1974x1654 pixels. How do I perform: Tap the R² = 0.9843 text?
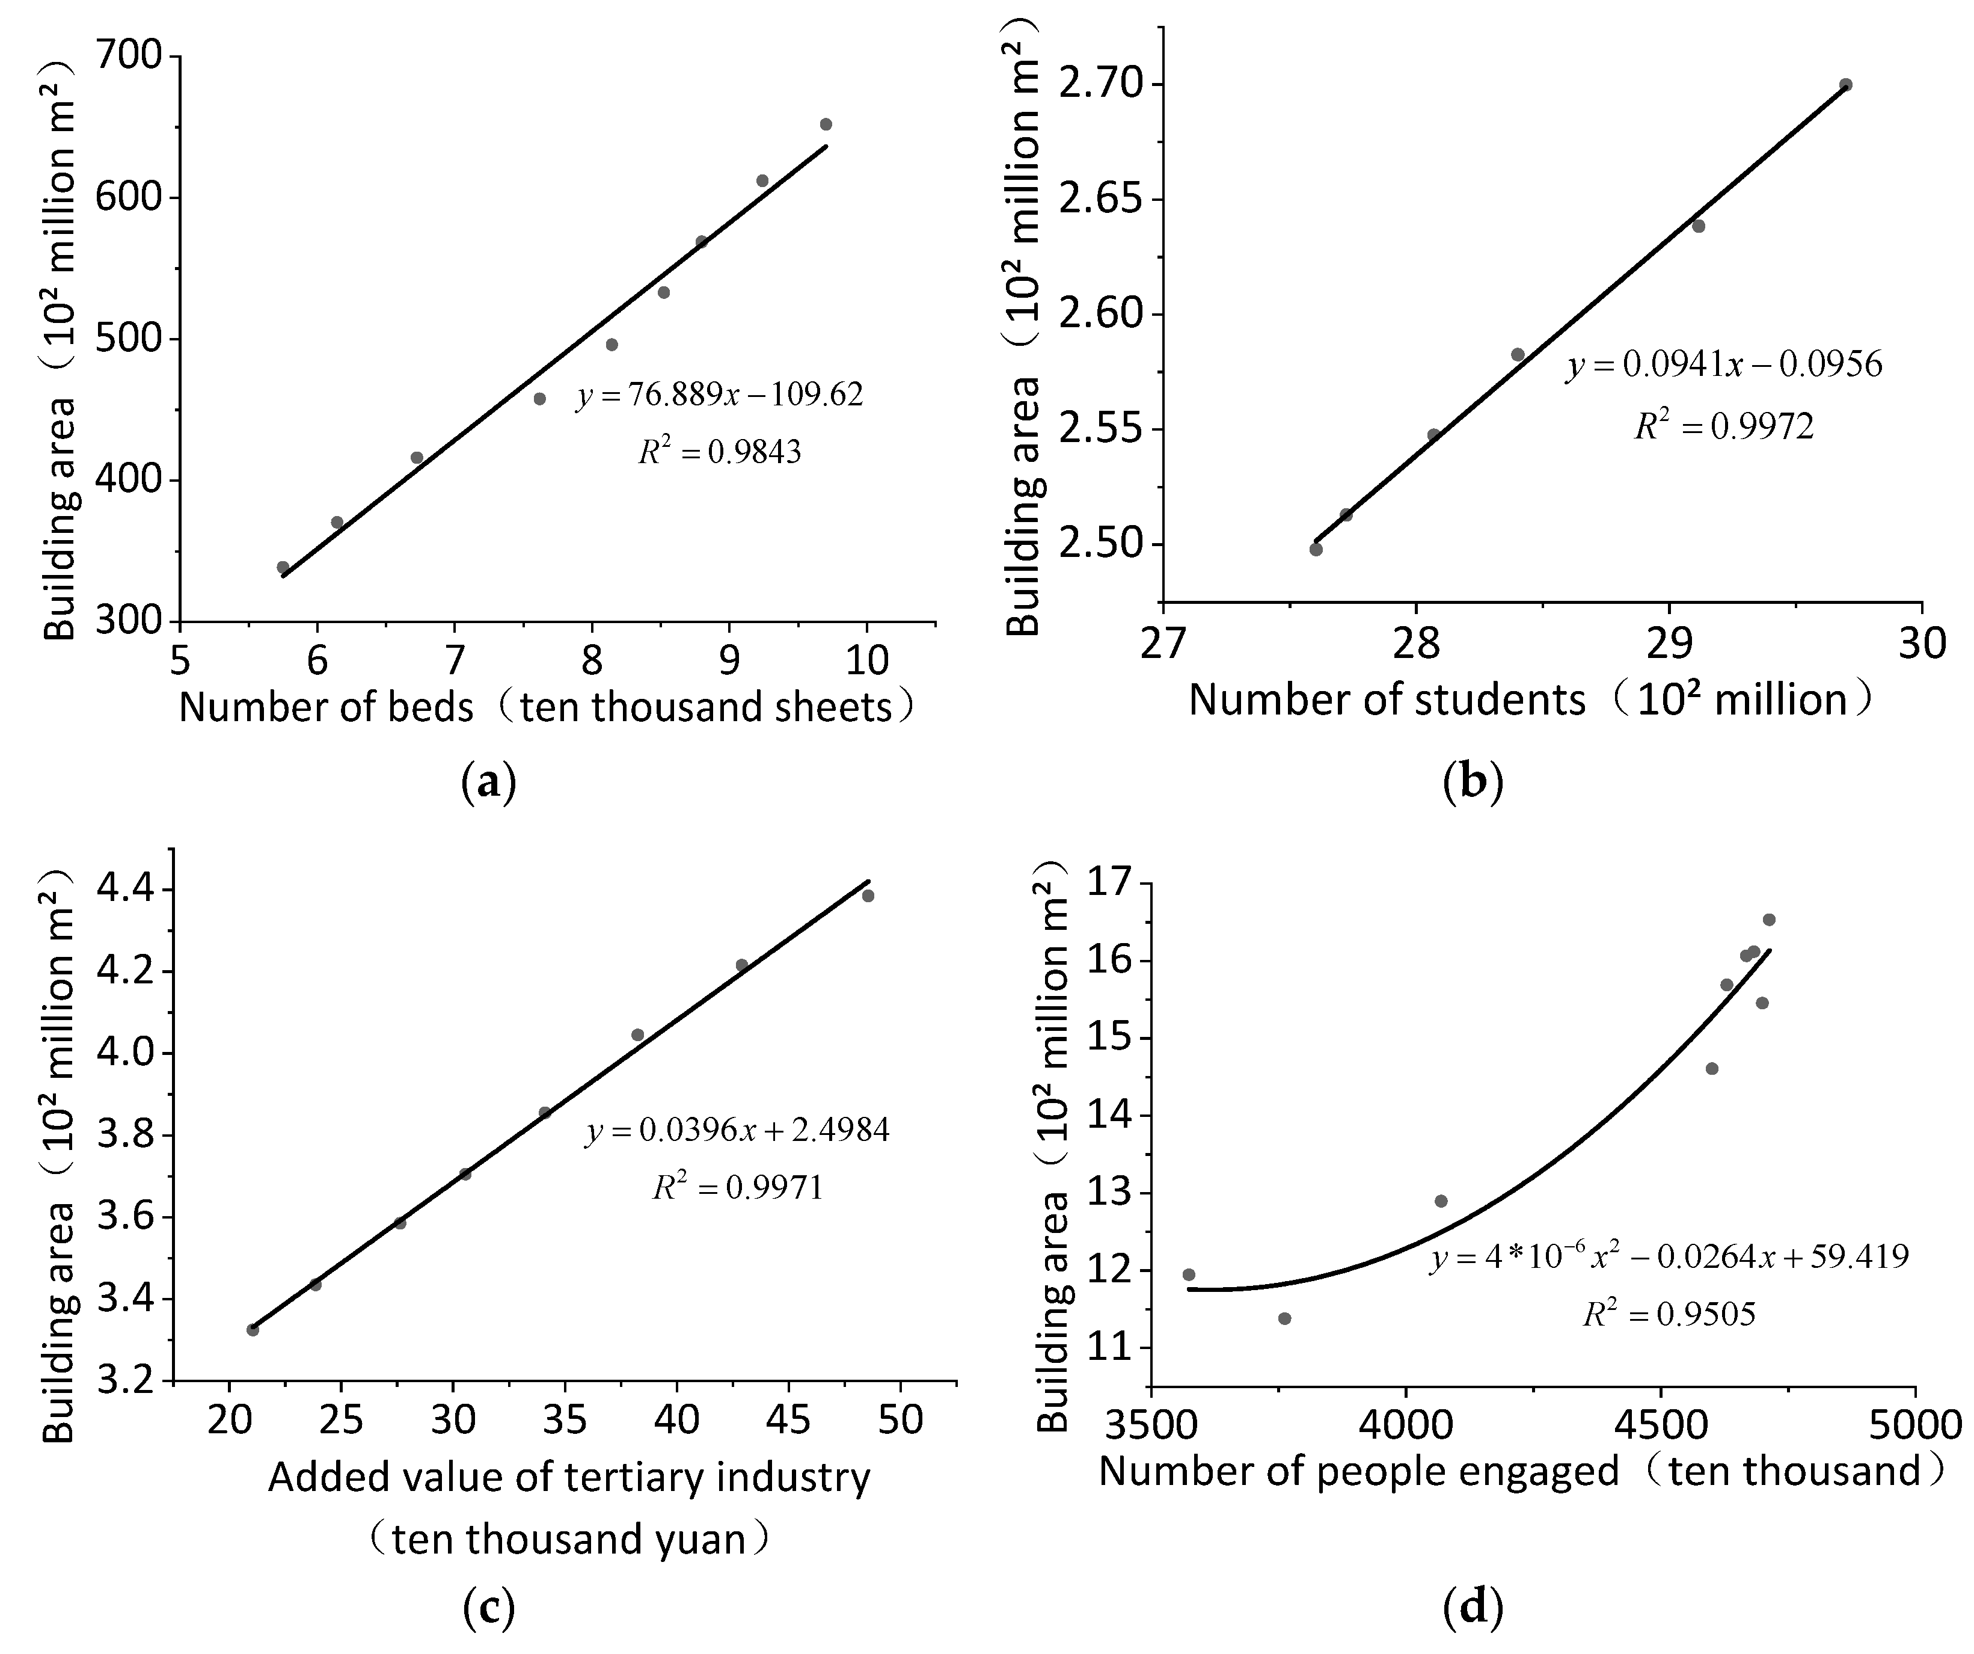pyautogui.click(x=720, y=452)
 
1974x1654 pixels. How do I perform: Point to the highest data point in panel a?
pyautogui.click(x=826, y=124)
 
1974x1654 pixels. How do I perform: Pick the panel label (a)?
pyautogui.click(x=489, y=781)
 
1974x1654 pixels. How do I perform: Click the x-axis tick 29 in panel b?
pyautogui.click(x=1669, y=644)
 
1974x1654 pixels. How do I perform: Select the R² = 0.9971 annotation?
pyautogui.click(x=738, y=1188)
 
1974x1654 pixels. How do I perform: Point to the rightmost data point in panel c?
pyautogui.click(x=868, y=895)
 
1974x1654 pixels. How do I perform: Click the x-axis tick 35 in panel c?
pyautogui.click(x=565, y=1420)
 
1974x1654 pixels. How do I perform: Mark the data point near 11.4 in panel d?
pyautogui.click(x=1285, y=1318)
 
